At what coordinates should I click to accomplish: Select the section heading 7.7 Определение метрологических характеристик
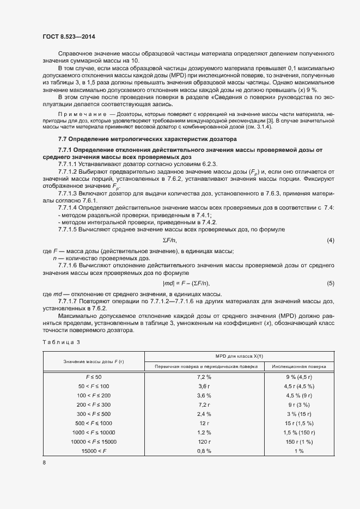coord(147,139)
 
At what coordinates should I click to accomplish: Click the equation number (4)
coord(330,240)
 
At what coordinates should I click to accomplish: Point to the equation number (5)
coord(330,284)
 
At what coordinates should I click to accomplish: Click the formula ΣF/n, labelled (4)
coord(170,240)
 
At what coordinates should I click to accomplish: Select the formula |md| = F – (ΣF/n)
coord(186,284)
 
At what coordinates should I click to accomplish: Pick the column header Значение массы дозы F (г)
coord(93,361)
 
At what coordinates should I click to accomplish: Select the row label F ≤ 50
coord(93,377)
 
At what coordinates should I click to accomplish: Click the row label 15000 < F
coord(93,451)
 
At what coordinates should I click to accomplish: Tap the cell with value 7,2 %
coord(204,377)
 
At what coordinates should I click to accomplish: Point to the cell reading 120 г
coord(204,441)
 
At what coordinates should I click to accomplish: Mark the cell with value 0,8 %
coord(204,451)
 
